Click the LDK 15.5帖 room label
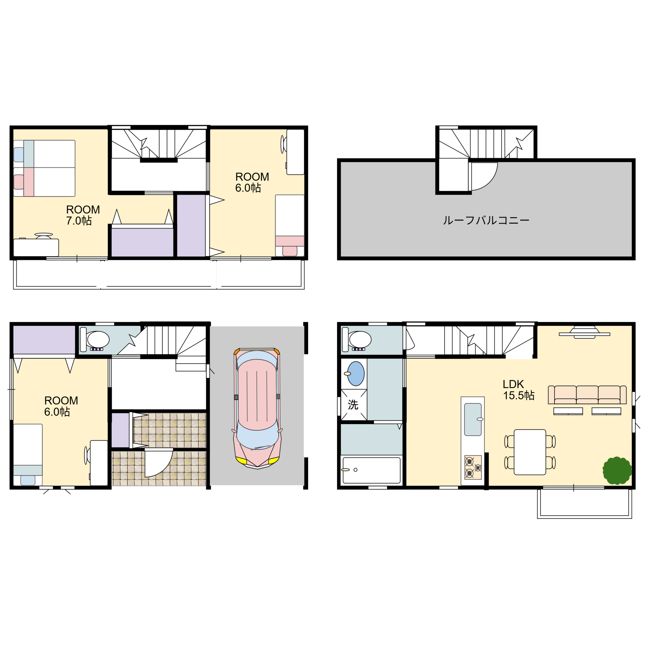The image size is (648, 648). click(x=518, y=390)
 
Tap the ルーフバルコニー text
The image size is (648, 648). click(x=486, y=220)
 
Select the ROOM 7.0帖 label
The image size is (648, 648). click(x=83, y=215)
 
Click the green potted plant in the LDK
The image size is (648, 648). click(x=617, y=471)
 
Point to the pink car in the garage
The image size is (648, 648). click(x=257, y=408)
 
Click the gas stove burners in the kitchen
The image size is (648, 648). click(x=473, y=467)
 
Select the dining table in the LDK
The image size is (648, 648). click(x=530, y=452)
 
